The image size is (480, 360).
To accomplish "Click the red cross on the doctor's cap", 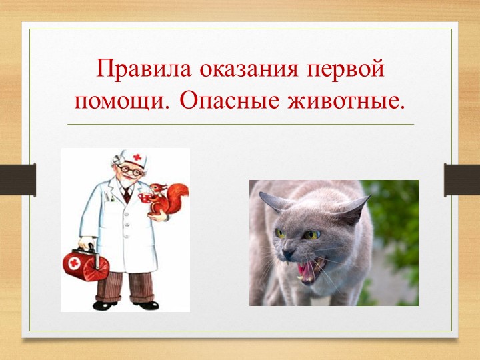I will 137,158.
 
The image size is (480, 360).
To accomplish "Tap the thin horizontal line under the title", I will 240,124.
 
